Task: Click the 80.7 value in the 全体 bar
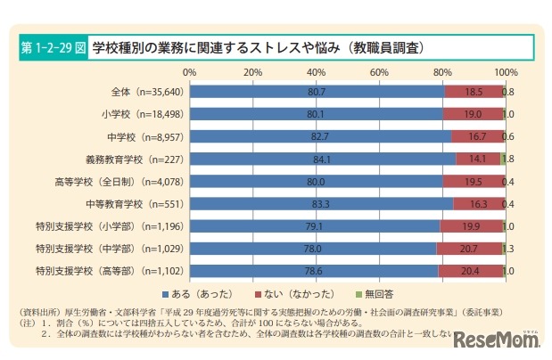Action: coord(317,91)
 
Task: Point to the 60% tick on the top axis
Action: coord(379,70)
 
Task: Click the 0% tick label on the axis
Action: coord(190,70)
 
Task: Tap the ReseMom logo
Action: coord(495,340)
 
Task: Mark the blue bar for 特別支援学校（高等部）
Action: coord(312,270)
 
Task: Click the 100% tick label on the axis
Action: coord(505,70)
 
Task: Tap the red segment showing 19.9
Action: coord(472,225)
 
